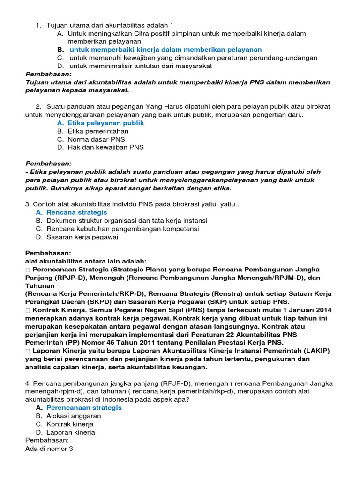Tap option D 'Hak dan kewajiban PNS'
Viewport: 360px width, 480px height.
point(105,147)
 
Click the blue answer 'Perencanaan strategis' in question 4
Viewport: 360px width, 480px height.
point(84,408)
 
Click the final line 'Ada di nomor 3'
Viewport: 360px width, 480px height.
point(49,449)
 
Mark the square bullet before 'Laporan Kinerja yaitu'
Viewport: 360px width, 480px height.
point(28,351)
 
